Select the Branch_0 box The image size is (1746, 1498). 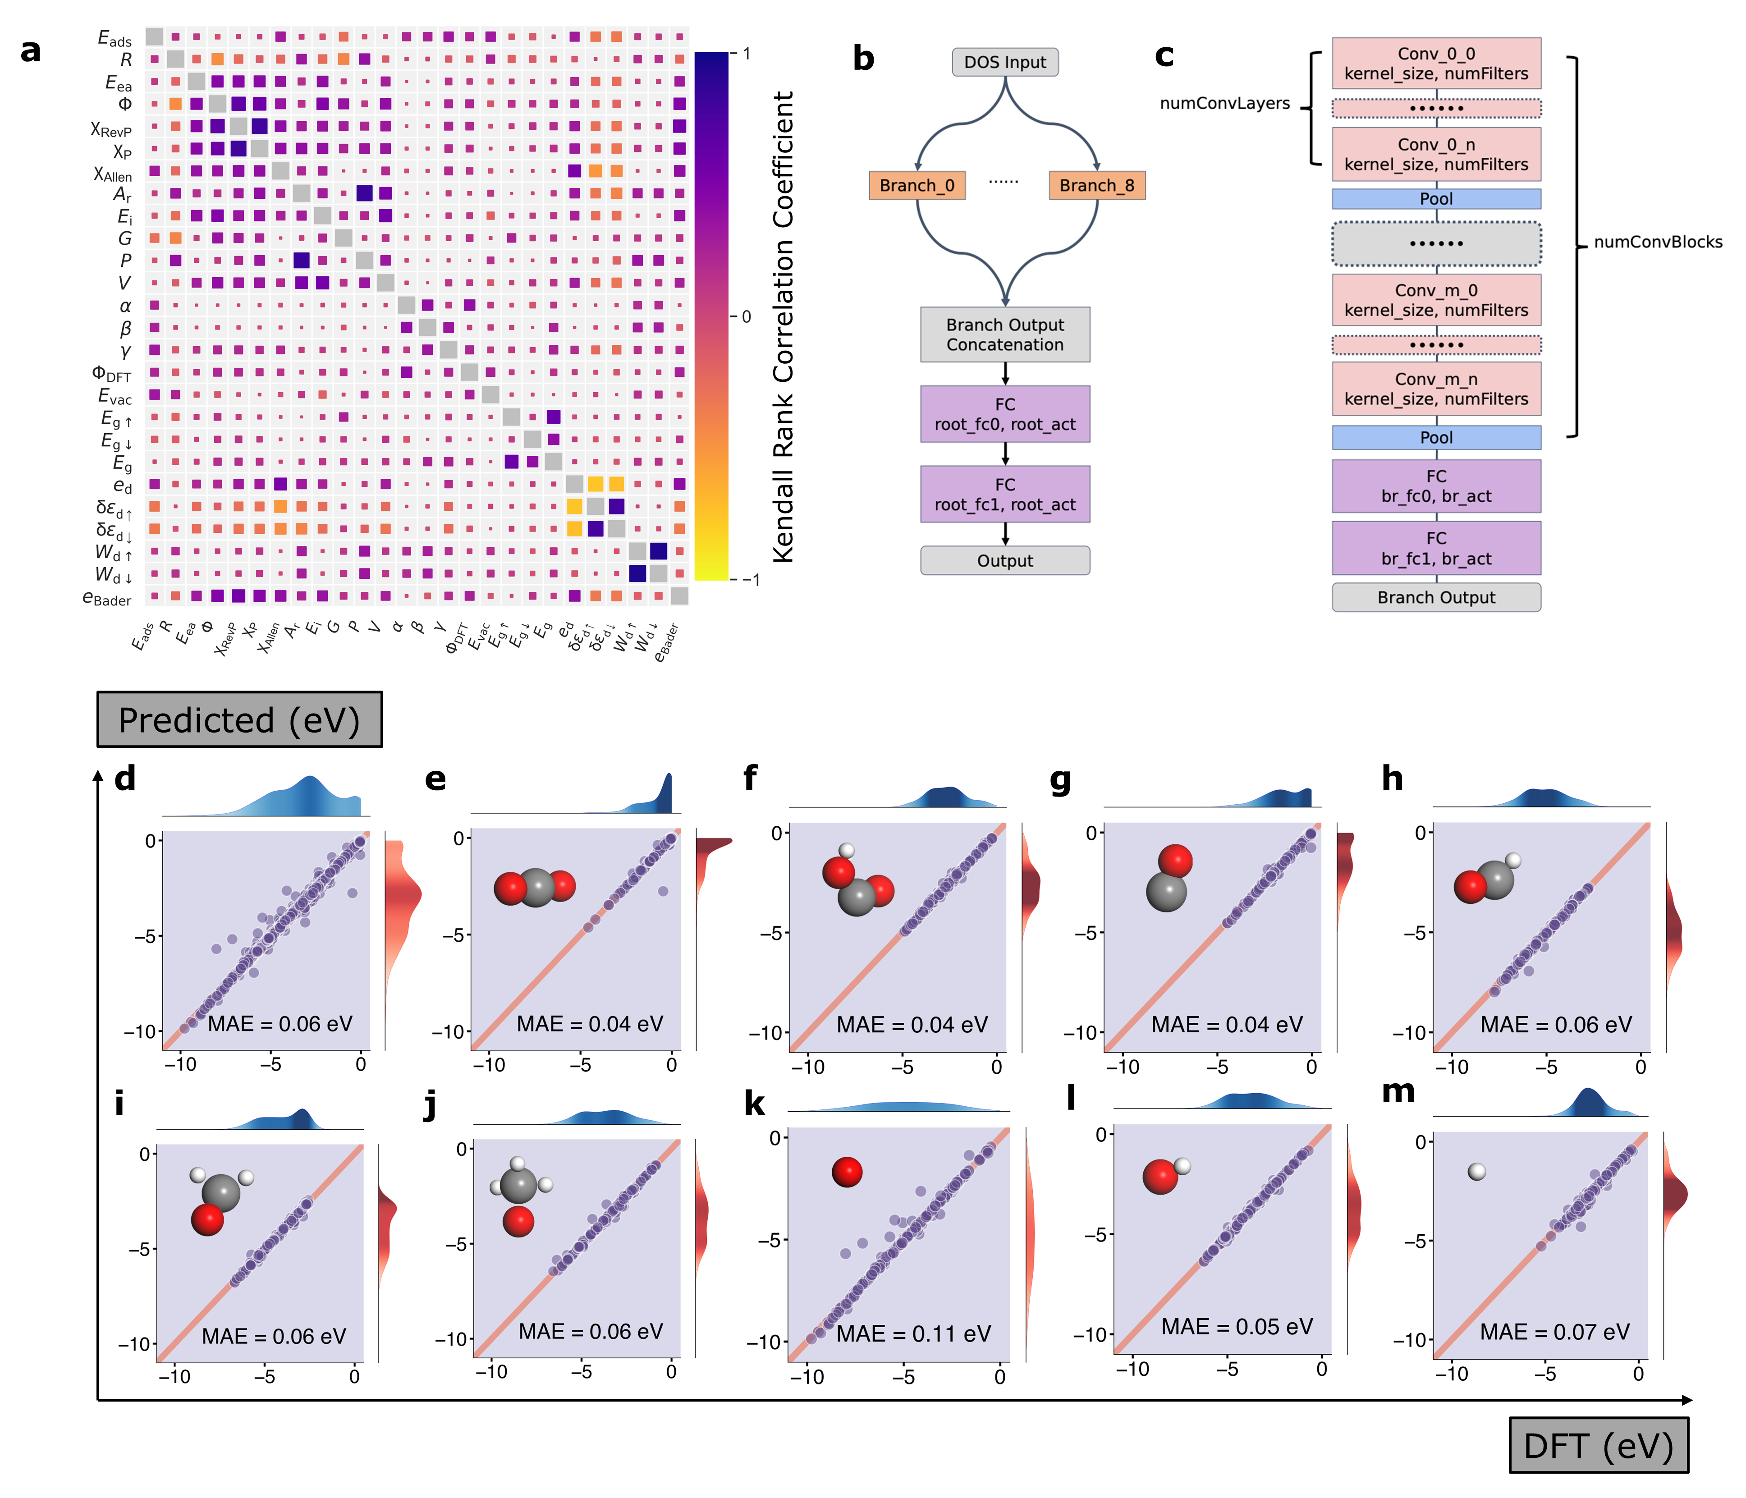click(x=917, y=185)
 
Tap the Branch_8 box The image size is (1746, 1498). click(x=1096, y=185)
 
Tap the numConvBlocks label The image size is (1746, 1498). click(x=1658, y=243)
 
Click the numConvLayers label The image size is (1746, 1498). click(x=1224, y=104)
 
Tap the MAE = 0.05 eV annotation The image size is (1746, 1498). click(x=1236, y=1327)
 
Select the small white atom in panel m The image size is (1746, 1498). click(x=1476, y=1171)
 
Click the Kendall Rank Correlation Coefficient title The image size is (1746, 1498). click(x=784, y=327)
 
